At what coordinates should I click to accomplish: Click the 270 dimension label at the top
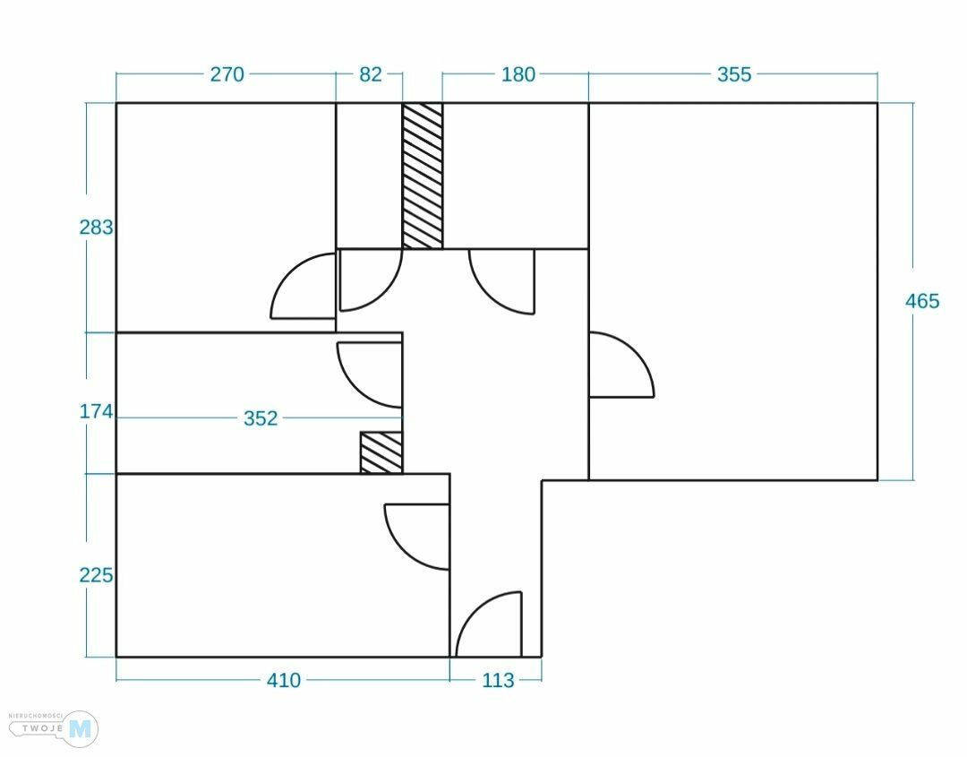[227, 74]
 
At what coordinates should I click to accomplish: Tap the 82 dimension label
[370, 74]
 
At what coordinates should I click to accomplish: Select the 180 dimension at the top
[518, 74]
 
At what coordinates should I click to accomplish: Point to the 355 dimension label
[734, 74]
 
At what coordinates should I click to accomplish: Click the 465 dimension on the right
[922, 301]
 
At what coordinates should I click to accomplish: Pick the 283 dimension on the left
[97, 228]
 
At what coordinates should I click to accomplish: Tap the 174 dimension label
[97, 412]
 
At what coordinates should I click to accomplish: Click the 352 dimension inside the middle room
[261, 418]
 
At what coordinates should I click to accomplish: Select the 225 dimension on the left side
[97, 575]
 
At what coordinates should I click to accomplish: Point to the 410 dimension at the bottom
[284, 681]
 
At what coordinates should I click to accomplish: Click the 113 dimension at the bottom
[498, 681]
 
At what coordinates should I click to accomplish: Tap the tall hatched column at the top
[423, 176]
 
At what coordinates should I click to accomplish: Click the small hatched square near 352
[381, 452]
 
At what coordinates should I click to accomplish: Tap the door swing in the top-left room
[304, 287]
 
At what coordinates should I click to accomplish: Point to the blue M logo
[81, 729]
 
